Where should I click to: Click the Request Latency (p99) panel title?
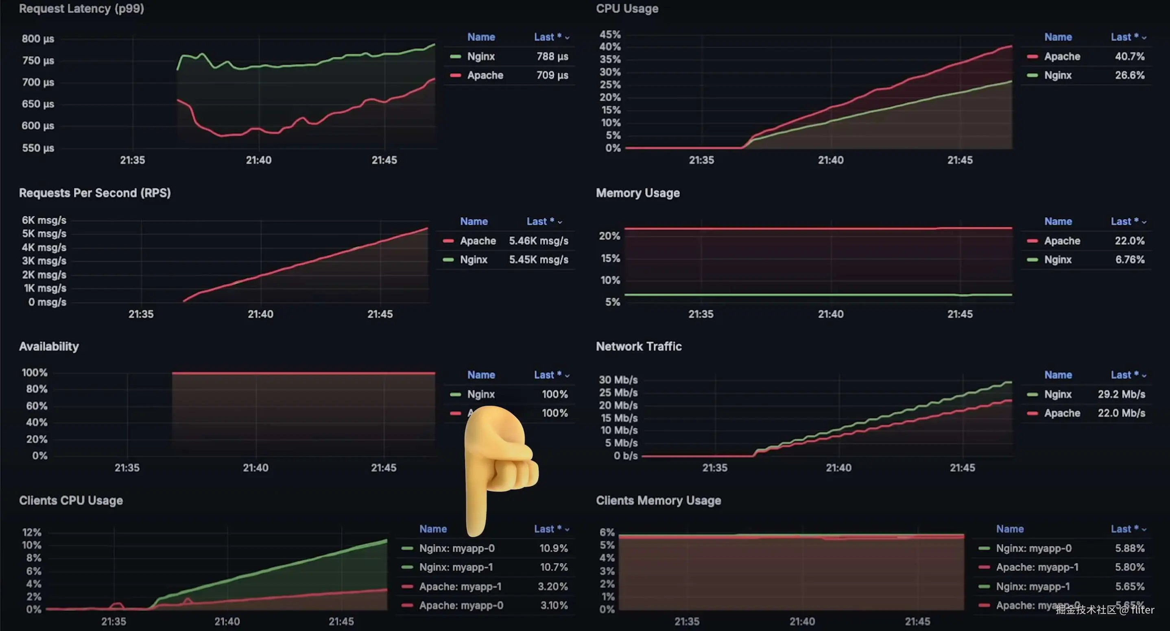(81, 9)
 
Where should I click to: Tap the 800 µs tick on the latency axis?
(38, 39)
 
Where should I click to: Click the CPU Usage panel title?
(627, 9)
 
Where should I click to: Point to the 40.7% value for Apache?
(1129, 56)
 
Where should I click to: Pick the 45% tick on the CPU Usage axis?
(609, 35)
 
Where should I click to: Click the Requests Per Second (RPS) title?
(94, 193)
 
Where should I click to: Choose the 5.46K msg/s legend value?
(538, 241)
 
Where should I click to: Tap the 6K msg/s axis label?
(44, 220)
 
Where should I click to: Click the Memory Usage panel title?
(638, 193)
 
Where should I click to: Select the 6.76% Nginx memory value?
(1130, 260)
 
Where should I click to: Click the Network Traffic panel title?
(639, 346)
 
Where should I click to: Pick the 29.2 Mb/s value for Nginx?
(1121, 394)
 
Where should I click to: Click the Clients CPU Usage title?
(71, 500)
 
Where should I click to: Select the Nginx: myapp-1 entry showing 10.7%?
(456, 567)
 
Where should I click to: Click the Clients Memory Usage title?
(658, 500)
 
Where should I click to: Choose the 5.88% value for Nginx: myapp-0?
(1129, 548)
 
